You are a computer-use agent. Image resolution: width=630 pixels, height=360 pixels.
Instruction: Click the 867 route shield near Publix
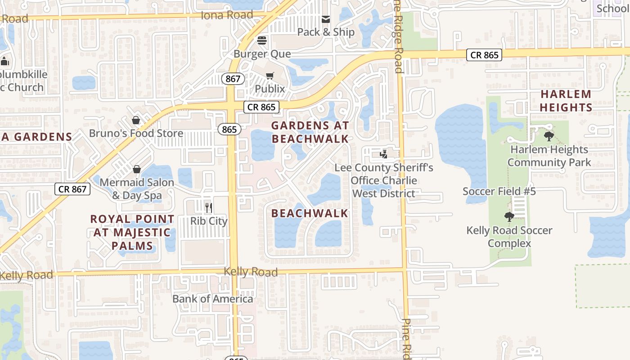[233, 79]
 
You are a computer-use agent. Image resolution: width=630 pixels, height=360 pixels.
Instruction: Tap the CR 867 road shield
[73, 189]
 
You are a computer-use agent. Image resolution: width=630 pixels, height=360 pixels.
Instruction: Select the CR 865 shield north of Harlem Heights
[484, 55]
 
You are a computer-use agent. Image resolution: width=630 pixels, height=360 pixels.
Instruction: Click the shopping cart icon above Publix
[270, 76]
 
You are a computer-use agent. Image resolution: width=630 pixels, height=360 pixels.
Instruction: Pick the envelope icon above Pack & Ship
[326, 19]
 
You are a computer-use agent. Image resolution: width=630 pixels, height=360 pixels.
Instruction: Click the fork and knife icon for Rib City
[209, 207]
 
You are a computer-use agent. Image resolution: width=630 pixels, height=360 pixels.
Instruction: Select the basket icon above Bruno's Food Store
[136, 120]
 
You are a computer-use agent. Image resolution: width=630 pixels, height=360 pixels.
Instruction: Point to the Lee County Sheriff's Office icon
[383, 154]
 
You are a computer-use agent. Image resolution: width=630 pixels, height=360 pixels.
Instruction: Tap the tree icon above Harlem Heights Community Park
[549, 136]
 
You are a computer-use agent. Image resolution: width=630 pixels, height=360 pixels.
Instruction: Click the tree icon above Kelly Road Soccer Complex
[509, 217]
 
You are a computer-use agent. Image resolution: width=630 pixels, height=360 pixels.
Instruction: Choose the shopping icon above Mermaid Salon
[137, 169]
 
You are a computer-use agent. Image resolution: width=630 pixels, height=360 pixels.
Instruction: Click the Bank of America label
[213, 299]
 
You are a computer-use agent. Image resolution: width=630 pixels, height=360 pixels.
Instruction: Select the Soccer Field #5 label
[499, 191]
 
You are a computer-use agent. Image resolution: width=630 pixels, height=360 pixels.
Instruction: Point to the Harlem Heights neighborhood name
[566, 101]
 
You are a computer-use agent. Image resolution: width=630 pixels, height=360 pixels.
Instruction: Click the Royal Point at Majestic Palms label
[132, 232]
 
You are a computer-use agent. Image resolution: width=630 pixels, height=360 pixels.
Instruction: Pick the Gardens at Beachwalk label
[310, 132]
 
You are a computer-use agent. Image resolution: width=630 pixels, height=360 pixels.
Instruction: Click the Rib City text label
[209, 221]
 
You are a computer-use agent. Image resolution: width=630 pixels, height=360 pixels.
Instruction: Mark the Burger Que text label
[262, 54]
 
